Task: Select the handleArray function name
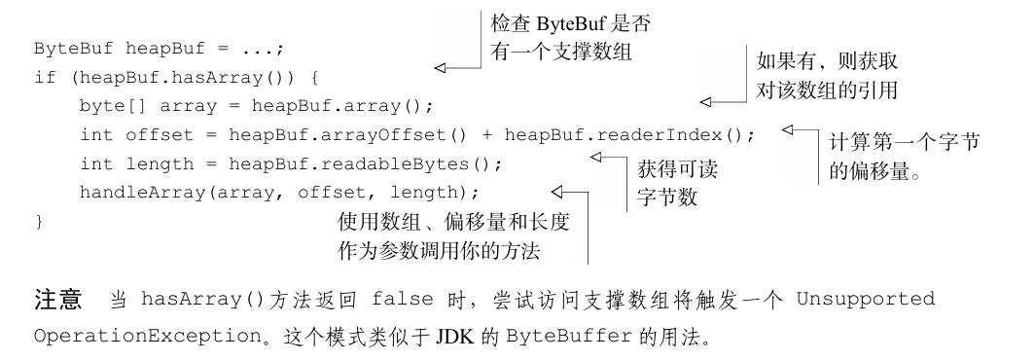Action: coord(140,191)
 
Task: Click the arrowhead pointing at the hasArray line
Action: coord(440,68)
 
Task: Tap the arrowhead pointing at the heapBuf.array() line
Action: coord(706,99)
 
